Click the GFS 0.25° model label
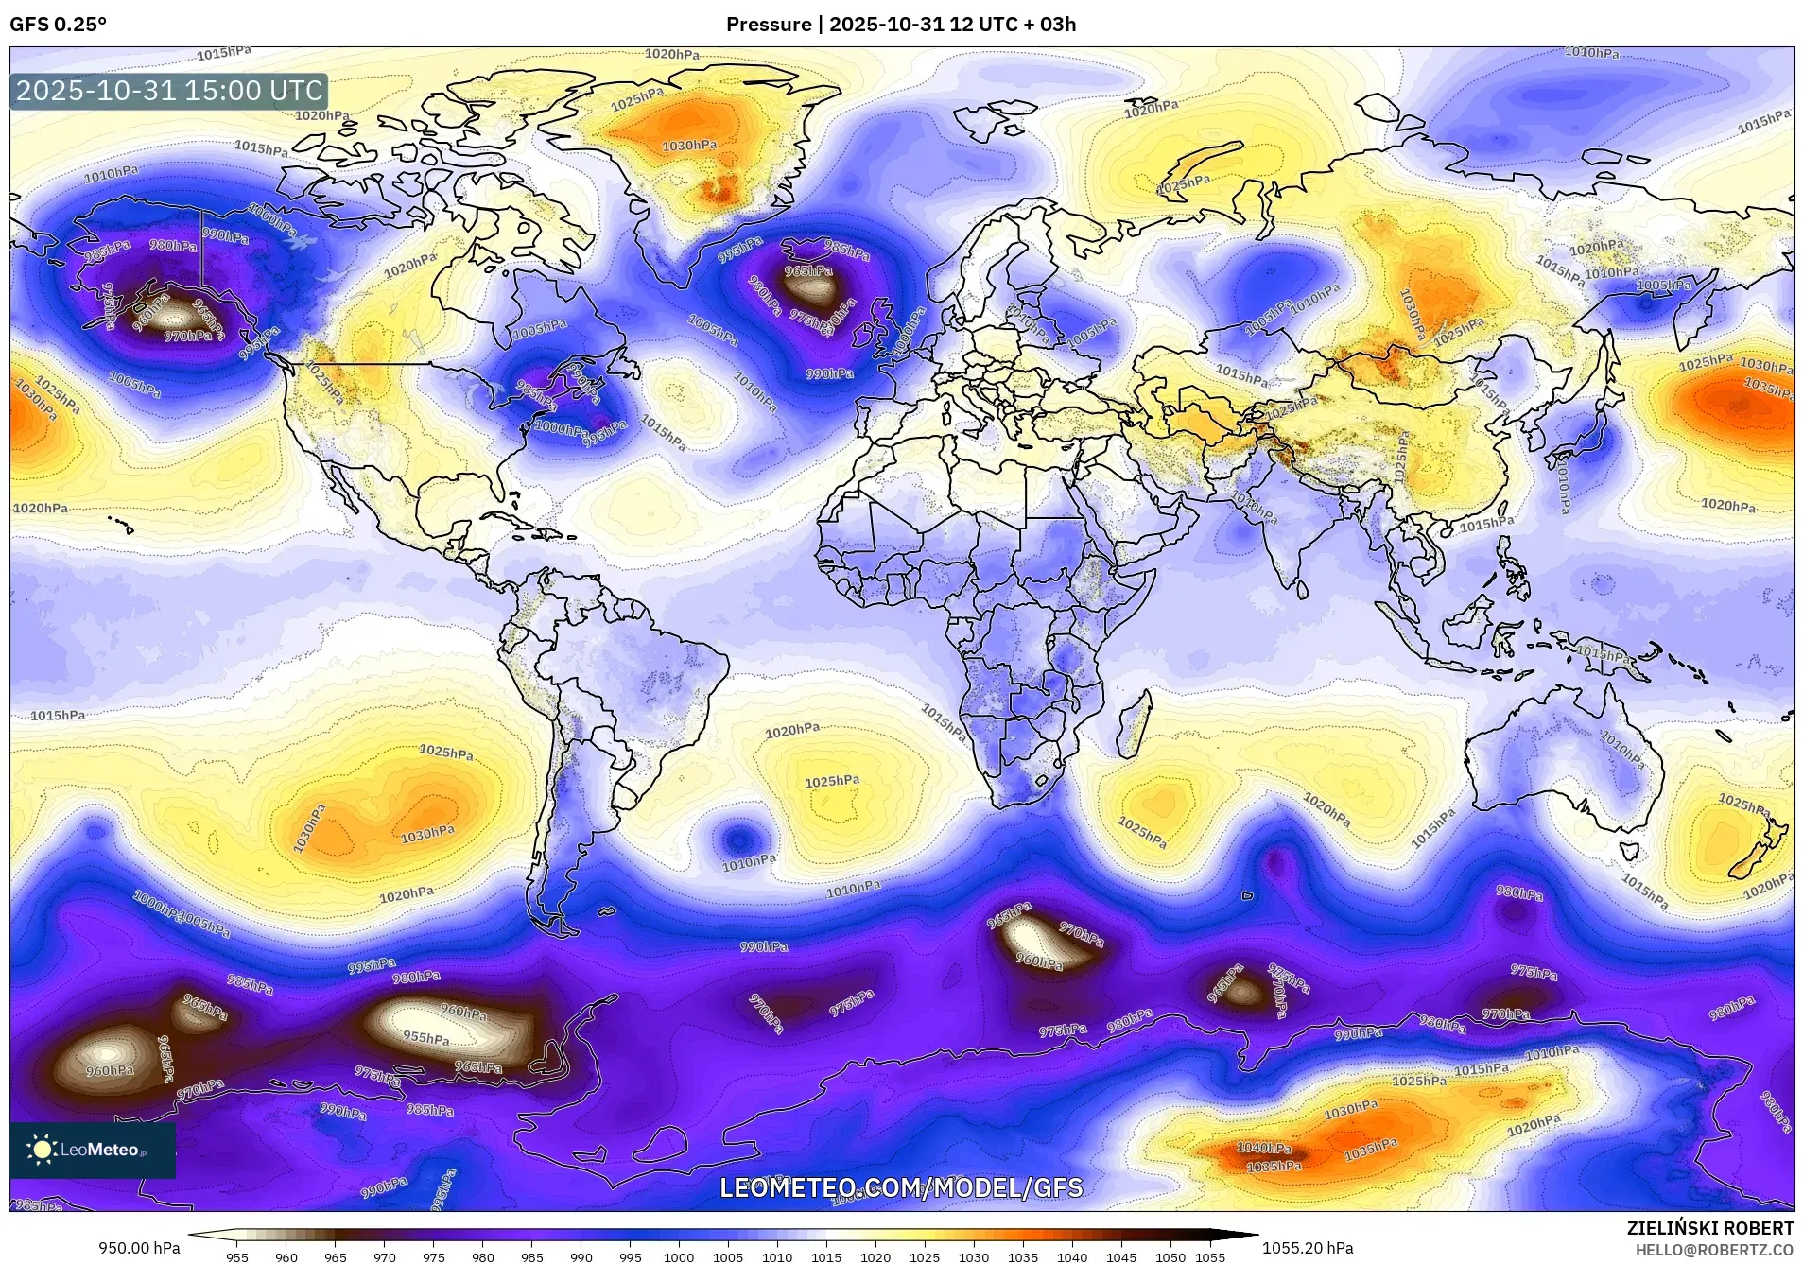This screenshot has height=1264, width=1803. click(58, 25)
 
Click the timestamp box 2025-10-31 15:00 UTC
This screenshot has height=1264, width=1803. click(169, 92)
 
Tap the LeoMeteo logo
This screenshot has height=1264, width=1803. click(92, 1150)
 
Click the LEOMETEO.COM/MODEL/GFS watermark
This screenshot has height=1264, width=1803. click(901, 1187)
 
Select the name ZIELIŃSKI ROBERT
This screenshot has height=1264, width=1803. click(1709, 1228)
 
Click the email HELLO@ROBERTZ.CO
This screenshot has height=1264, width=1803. click(1714, 1249)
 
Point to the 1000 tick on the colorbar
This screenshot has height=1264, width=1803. click(679, 1256)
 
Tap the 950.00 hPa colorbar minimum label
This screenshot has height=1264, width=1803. click(139, 1248)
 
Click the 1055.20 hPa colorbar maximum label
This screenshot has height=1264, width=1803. click(1308, 1248)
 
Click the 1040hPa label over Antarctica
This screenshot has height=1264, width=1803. click(1264, 1148)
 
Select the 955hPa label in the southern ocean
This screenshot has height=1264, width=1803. click(426, 1038)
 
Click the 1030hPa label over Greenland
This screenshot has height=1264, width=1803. click(688, 146)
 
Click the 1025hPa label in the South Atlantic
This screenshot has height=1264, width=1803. click(832, 781)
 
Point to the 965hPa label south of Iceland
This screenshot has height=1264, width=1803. click(809, 271)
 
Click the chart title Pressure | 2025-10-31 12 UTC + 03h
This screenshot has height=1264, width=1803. click(900, 25)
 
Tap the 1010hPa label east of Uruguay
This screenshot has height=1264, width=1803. click(749, 862)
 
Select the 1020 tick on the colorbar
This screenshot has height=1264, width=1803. click(875, 1256)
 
